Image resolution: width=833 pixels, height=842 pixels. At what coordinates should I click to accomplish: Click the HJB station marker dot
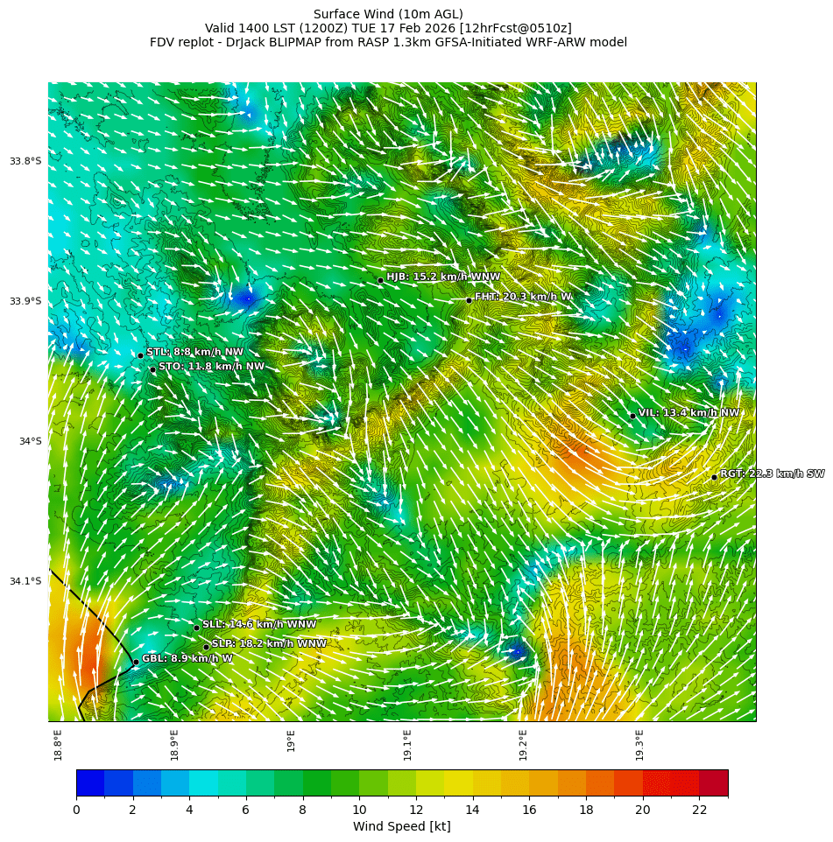tap(380, 280)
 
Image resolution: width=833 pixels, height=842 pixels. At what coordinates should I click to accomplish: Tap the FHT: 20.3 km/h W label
tap(523, 297)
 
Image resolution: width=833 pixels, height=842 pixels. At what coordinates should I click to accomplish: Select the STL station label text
tap(194, 352)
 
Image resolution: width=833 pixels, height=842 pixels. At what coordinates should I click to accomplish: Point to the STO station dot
tap(152, 369)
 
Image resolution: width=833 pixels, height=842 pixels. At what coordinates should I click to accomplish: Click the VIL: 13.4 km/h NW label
tap(688, 412)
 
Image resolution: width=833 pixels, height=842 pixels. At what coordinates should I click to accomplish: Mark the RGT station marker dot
tap(714, 477)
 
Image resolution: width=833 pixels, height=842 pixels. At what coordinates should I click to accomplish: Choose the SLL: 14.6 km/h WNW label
tap(259, 624)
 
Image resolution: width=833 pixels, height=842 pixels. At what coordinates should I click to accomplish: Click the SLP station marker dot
tap(206, 647)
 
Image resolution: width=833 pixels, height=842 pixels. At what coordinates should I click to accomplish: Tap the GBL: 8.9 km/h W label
tap(187, 658)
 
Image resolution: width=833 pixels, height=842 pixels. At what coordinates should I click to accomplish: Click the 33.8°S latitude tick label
tap(25, 161)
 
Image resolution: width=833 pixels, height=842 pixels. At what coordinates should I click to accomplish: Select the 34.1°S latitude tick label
tap(25, 581)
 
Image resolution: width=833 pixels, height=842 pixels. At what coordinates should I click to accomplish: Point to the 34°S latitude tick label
tap(30, 441)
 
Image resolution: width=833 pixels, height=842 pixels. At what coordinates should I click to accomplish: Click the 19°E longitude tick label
tap(291, 740)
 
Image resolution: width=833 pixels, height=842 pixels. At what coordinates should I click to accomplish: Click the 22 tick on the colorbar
tap(699, 810)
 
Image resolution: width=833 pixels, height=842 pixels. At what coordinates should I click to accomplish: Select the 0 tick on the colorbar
tap(76, 810)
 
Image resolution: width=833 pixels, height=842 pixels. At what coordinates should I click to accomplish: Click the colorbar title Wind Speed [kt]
tap(401, 826)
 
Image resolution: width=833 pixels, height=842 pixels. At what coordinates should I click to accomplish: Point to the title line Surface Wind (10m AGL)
tap(388, 14)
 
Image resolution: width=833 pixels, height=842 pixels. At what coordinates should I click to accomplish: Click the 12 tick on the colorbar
tap(416, 810)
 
